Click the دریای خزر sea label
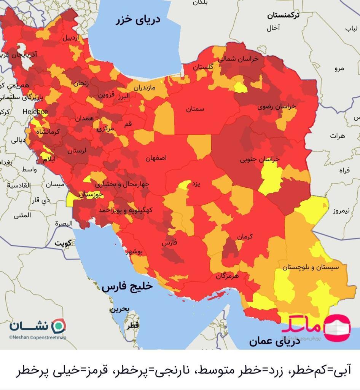[138, 20]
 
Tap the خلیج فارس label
[127, 287]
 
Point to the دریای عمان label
[274, 341]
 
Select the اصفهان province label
[156, 158]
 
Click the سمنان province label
[195, 109]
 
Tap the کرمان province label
[245, 237]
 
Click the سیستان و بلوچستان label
[310, 267]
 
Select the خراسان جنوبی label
[260, 160]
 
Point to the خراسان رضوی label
[277, 107]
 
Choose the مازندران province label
[144, 88]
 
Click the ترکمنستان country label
[283, 15]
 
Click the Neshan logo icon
[59, 326]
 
